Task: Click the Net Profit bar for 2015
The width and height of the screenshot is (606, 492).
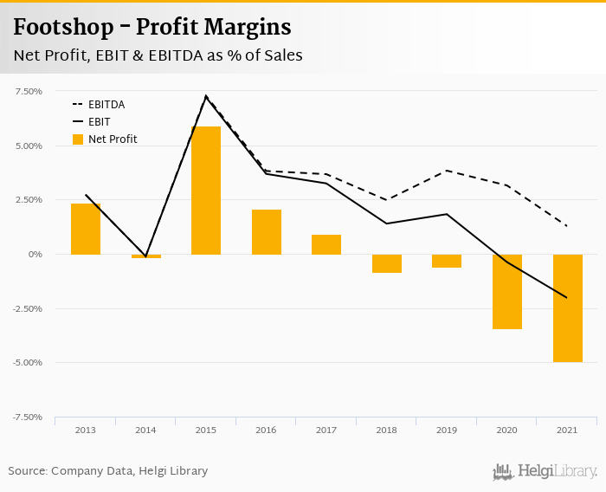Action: (206, 191)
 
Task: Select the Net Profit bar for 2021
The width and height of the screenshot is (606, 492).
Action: (567, 307)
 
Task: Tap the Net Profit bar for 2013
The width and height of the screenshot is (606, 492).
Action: (86, 229)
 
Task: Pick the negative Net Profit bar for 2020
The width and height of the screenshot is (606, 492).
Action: (507, 291)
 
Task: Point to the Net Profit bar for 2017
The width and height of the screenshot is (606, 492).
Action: (326, 244)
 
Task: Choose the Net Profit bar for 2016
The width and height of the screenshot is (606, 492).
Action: (267, 231)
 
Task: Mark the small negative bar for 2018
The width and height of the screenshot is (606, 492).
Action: (387, 263)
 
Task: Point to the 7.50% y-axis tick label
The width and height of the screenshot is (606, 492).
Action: (29, 91)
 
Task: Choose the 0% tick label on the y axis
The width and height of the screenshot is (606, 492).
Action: (35, 254)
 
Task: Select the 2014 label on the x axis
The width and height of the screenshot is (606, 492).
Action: (145, 430)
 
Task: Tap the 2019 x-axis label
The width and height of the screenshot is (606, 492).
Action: (447, 430)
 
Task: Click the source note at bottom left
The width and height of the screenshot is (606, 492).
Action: (108, 470)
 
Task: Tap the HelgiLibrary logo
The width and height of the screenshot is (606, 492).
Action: (545, 471)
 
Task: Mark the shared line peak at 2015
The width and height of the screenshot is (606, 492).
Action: (206, 96)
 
